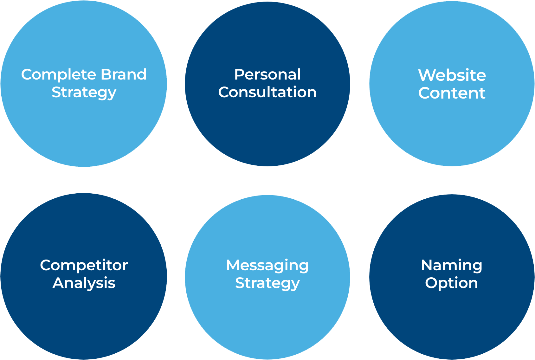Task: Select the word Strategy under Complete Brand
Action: tap(84, 93)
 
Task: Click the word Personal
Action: tap(267, 75)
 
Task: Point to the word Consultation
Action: tap(267, 92)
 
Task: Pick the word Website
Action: tap(452, 75)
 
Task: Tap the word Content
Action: tap(452, 93)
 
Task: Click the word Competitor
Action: tap(84, 265)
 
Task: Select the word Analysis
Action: tap(84, 283)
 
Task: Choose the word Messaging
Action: tap(267, 266)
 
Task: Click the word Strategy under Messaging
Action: tap(267, 283)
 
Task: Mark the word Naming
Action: tap(451, 266)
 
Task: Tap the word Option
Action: tap(451, 283)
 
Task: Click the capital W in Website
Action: tap(426, 75)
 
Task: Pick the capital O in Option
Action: tap(431, 283)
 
